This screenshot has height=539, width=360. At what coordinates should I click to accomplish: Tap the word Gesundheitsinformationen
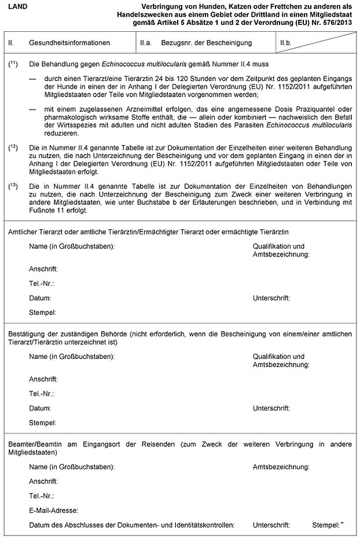click(63, 43)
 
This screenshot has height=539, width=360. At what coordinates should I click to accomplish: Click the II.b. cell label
click(285, 43)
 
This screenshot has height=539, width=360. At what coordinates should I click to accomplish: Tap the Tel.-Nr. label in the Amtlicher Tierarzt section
click(41, 284)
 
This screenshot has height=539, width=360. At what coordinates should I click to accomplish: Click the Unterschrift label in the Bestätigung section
click(271, 408)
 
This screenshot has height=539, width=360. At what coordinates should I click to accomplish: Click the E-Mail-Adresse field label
click(53, 511)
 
